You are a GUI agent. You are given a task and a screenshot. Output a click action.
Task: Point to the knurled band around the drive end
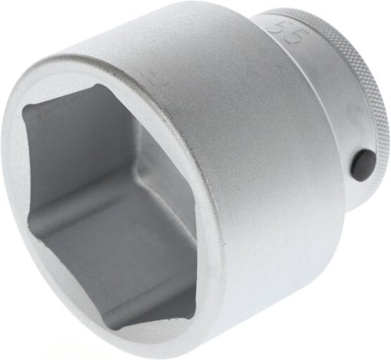[x=354, y=71]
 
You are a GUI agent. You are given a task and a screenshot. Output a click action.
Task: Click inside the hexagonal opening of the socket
[x=113, y=206]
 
